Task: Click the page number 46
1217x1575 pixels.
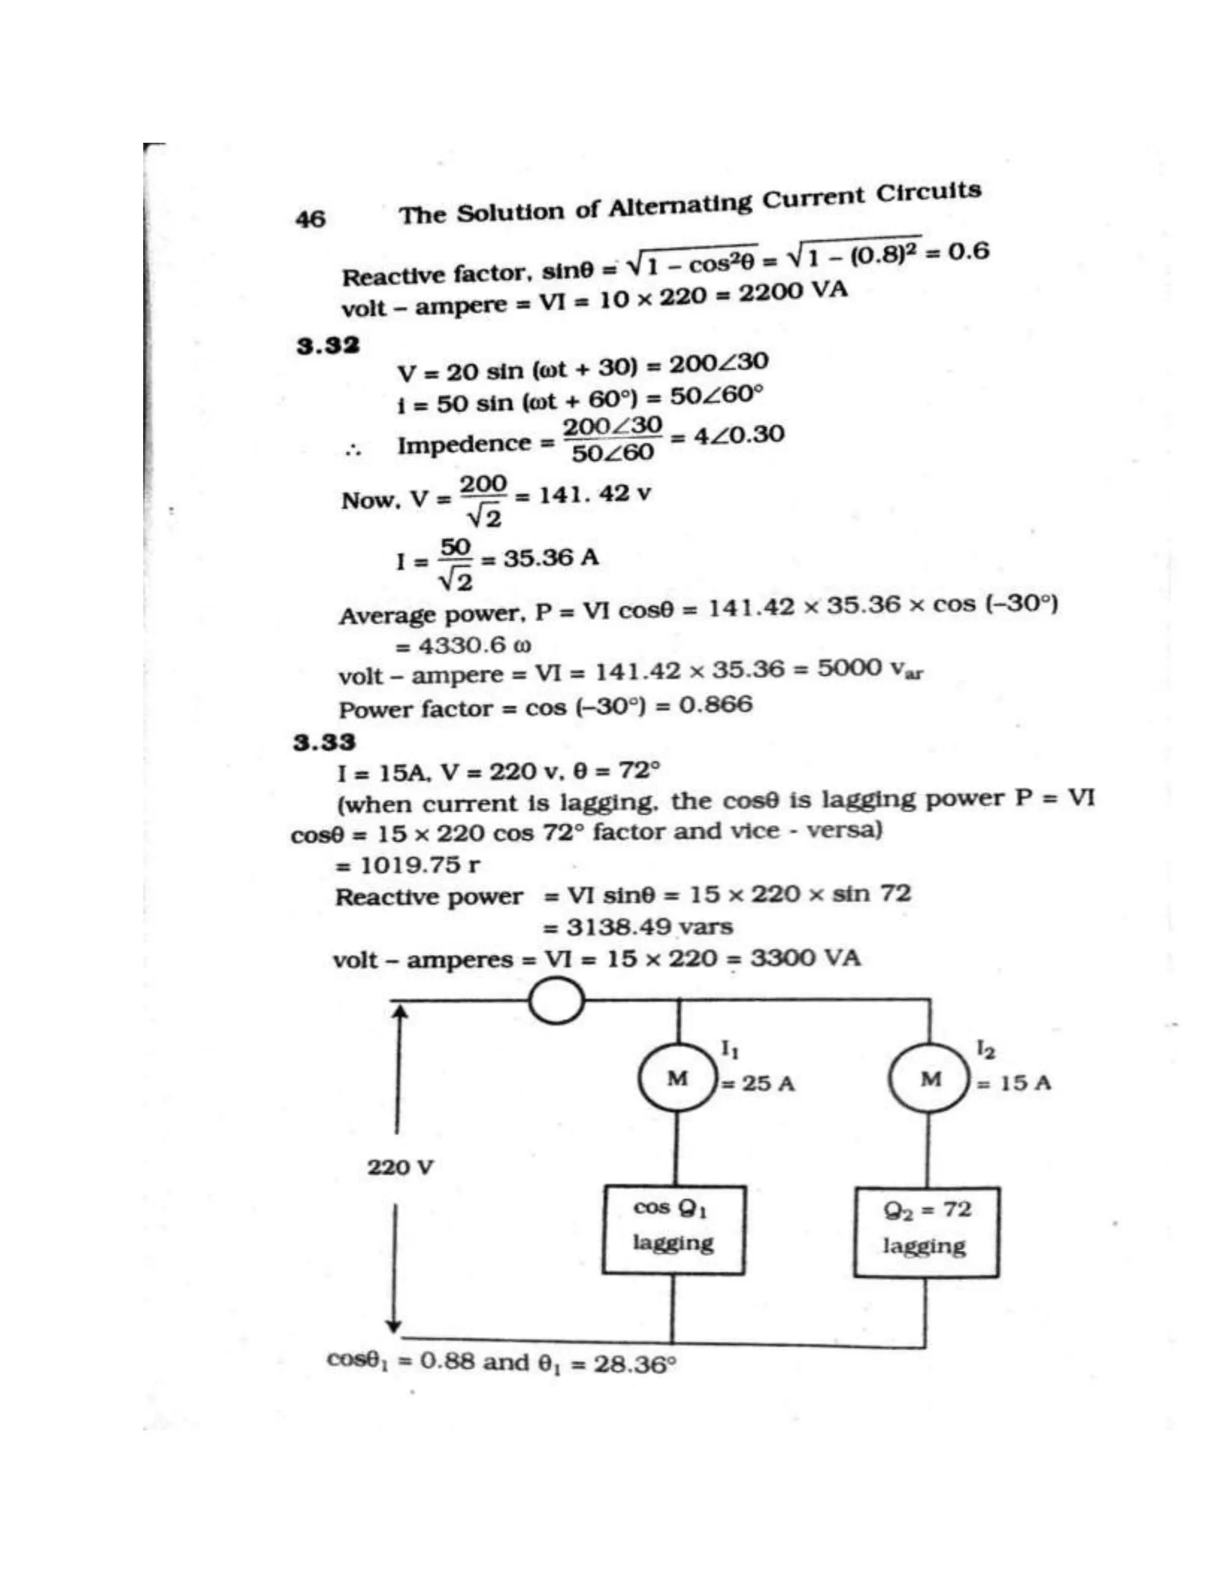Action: tap(310, 219)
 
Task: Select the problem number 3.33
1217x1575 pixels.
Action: tap(324, 742)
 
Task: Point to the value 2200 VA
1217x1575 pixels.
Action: tap(793, 292)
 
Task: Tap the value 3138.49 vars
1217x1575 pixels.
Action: tap(649, 927)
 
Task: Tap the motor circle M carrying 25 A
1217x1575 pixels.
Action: tap(676, 1079)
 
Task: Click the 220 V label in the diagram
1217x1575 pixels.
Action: tap(400, 1167)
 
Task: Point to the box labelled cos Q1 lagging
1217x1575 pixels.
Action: tap(673, 1230)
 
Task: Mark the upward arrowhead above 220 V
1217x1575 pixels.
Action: tap(401, 1014)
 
